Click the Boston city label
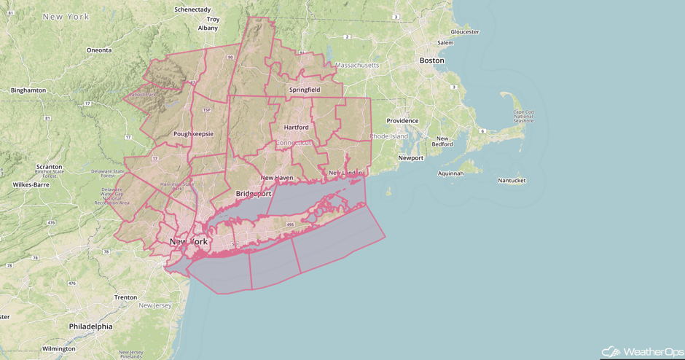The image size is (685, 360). click(431, 60)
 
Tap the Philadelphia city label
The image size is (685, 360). click(90, 326)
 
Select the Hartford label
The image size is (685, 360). click(296, 127)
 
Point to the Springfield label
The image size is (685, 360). click(304, 90)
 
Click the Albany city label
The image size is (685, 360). click(208, 28)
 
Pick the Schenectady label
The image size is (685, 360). click(192, 9)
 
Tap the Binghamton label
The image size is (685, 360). click(28, 90)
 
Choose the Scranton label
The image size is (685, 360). click(50, 166)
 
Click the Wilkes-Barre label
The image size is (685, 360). click(31, 184)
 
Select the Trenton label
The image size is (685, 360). click(125, 297)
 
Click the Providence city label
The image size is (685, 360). click(402, 121)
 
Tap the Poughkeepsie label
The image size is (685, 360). click(192, 134)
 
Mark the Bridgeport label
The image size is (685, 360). click(254, 193)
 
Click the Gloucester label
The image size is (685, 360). click(465, 32)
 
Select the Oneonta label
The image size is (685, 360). click(99, 50)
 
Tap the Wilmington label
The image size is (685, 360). click(59, 349)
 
